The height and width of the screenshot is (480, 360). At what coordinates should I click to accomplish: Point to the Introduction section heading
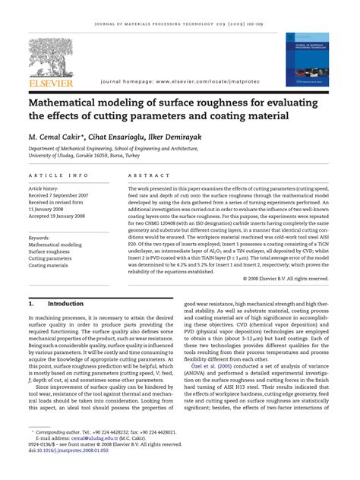tap(65, 303)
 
